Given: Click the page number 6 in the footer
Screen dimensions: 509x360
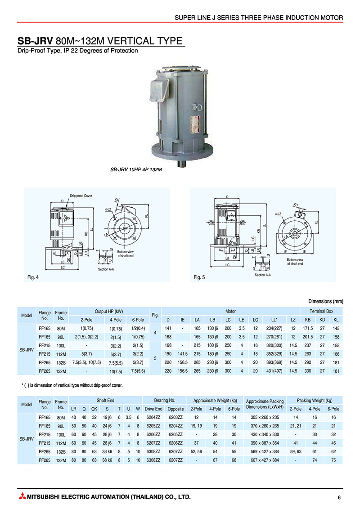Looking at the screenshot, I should [x=339, y=497].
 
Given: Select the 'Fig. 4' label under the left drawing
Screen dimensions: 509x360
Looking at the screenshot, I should [x=34, y=277].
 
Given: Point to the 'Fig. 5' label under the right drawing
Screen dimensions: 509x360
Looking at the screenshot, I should [x=199, y=277].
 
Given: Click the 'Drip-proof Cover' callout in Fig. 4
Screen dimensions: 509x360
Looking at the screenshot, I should [x=81, y=196].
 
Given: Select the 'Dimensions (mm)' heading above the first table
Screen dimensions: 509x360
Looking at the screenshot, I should [x=326, y=301].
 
